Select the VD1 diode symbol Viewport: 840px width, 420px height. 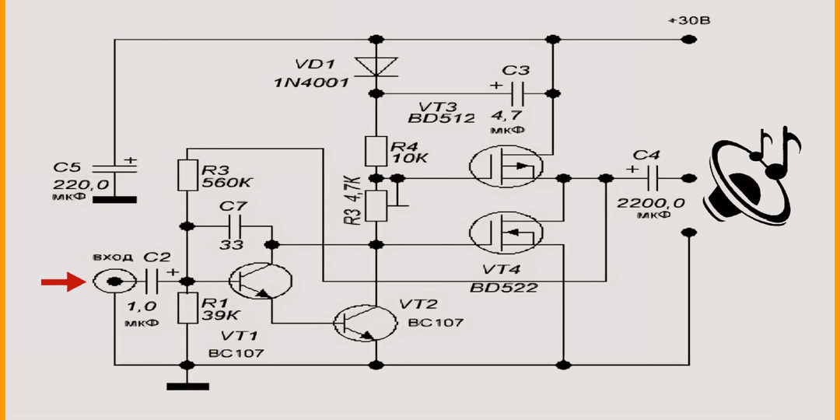376,66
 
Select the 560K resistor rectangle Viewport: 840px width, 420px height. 187,175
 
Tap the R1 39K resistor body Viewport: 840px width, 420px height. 187,308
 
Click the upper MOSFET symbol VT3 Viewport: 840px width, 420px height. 506,166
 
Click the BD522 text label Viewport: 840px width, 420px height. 505,287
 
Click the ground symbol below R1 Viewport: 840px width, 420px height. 187,385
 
